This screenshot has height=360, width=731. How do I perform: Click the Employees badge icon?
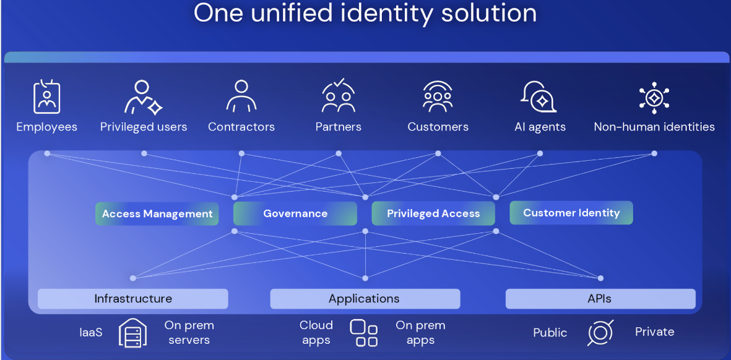pos(46,96)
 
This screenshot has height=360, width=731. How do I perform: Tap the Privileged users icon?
pos(142,97)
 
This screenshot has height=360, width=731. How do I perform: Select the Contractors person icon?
pos(241,96)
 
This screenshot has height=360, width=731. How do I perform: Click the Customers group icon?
pos(437,96)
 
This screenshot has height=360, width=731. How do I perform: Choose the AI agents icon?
pos(539,96)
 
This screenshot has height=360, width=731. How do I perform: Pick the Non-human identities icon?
pos(654,97)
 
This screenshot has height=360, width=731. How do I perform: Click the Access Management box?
pos(157,214)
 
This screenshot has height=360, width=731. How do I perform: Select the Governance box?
pos(295,214)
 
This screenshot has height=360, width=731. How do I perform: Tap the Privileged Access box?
pos(433,214)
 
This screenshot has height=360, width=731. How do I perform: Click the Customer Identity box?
pos(571,213)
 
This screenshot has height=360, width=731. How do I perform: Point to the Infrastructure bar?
pos(133,299)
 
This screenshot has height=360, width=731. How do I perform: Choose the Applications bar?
pos(365,299)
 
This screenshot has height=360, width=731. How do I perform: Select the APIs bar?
pos(600,299)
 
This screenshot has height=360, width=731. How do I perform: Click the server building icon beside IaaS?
pos(133,333)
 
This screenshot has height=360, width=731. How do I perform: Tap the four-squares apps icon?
pos(363,333)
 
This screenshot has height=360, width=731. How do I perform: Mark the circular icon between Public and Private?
pos(600,333)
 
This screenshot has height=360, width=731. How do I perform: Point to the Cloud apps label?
pos(316,333)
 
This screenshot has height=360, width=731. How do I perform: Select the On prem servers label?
pos(189,333)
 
